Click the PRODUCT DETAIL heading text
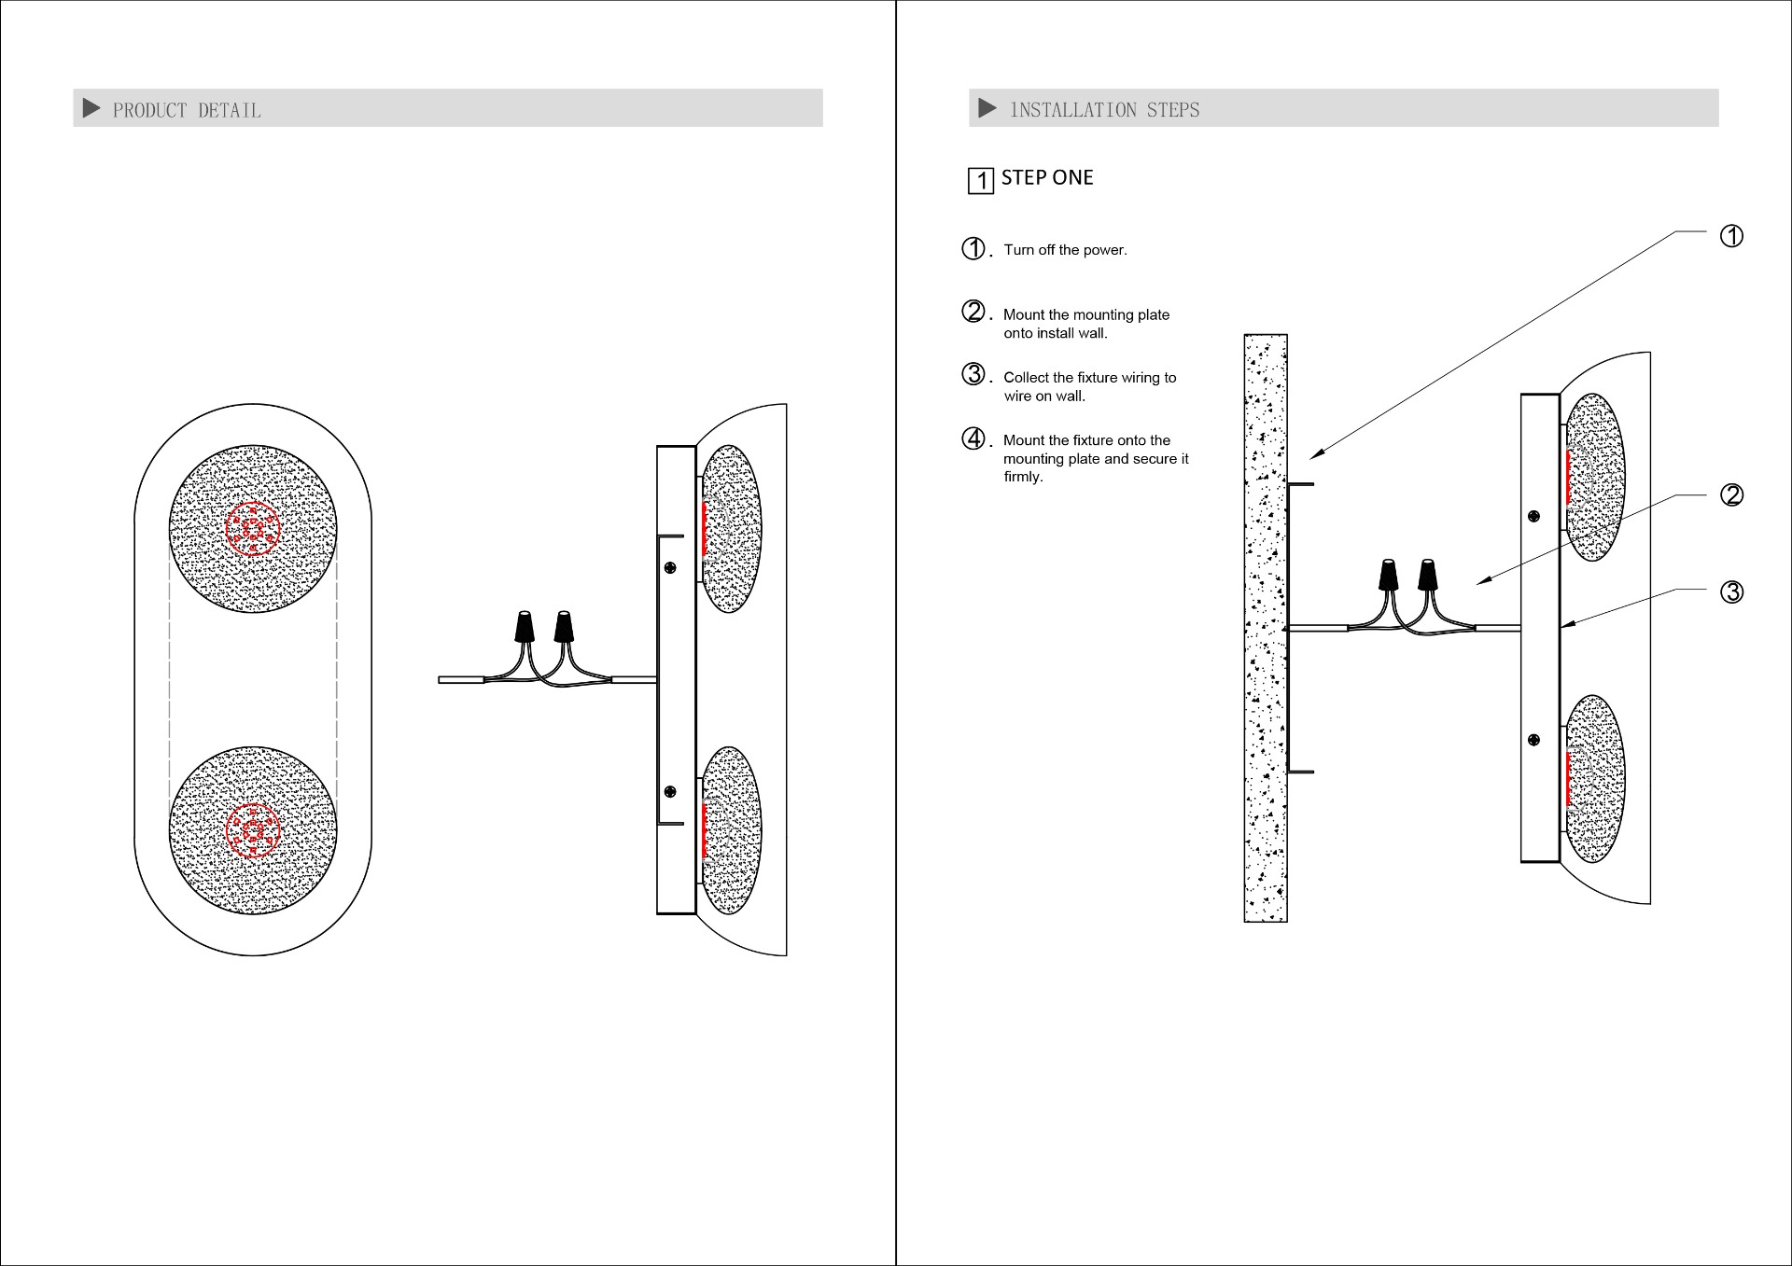[x=187, y=110]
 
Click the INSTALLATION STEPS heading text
[x=1105, y=110]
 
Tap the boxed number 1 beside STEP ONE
[x=980, y=180]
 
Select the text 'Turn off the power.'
[x=1065, y=250]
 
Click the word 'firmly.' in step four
[x=1023, y=477]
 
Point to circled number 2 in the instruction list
[x=973, y=312]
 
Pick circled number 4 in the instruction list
[x=973, y=438]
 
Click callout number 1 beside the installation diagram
[x=1730, y=236]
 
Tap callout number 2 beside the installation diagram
[x=1730, y=494]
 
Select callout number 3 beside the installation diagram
[x=1730, y=591]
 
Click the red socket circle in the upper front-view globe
[x=253, y=529]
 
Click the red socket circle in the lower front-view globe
[x=253, y=829]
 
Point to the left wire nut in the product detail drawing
[x=525, y=626]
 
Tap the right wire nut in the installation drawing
[x=1426, y=574]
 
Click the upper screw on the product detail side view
[x=670, y=567]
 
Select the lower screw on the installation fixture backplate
[x=1533, y=740]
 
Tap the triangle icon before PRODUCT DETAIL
[x=91, y=108]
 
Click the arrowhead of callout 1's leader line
[x=1314, y=455]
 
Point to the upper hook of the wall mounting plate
[x=1301, y=484]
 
